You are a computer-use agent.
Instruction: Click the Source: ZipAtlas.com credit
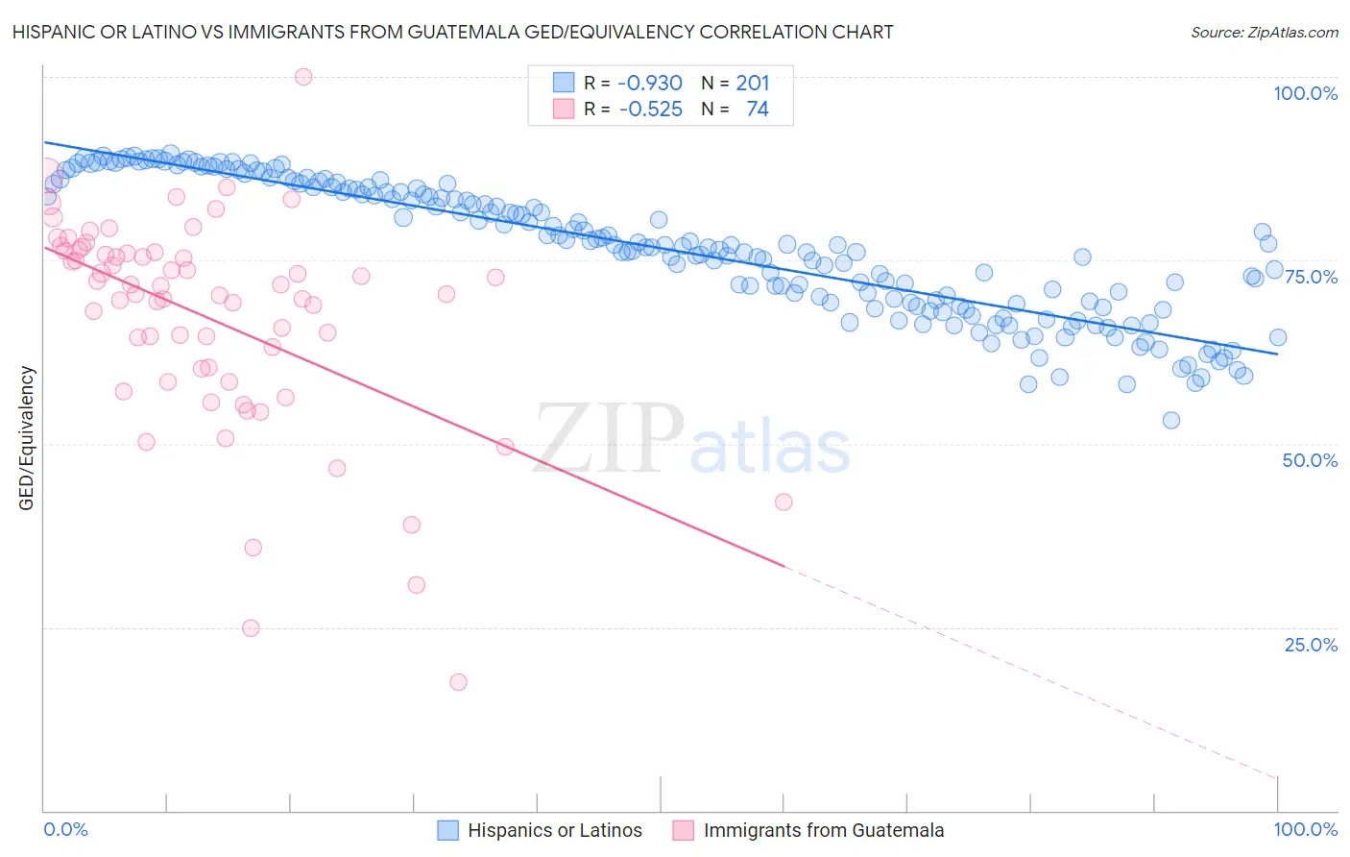(1264, 33)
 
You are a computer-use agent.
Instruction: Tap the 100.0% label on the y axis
(1305, 93)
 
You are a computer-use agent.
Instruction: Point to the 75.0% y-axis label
(1311, 277)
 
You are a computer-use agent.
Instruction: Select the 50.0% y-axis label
(1310, 460)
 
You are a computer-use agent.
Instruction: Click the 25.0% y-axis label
(1311, 645)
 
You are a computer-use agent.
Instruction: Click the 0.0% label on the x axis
(66, 829)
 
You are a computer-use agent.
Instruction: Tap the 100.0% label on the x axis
(1305, 829)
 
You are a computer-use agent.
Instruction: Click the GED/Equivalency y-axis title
(27, 438)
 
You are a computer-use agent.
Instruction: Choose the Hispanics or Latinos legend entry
(554, 830)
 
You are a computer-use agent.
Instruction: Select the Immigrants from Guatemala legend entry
(823, 830)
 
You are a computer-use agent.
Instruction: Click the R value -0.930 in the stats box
(650, 84)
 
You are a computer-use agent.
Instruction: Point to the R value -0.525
(650, 110)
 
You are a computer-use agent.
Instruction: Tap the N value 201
(753, 84)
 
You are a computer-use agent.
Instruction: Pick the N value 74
(758, 110)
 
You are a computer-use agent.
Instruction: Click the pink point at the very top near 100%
(303, 77)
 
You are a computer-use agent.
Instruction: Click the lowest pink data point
(458, 682)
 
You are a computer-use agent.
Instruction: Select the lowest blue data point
(1170, 420)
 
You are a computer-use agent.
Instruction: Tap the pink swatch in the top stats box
(564, 110)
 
